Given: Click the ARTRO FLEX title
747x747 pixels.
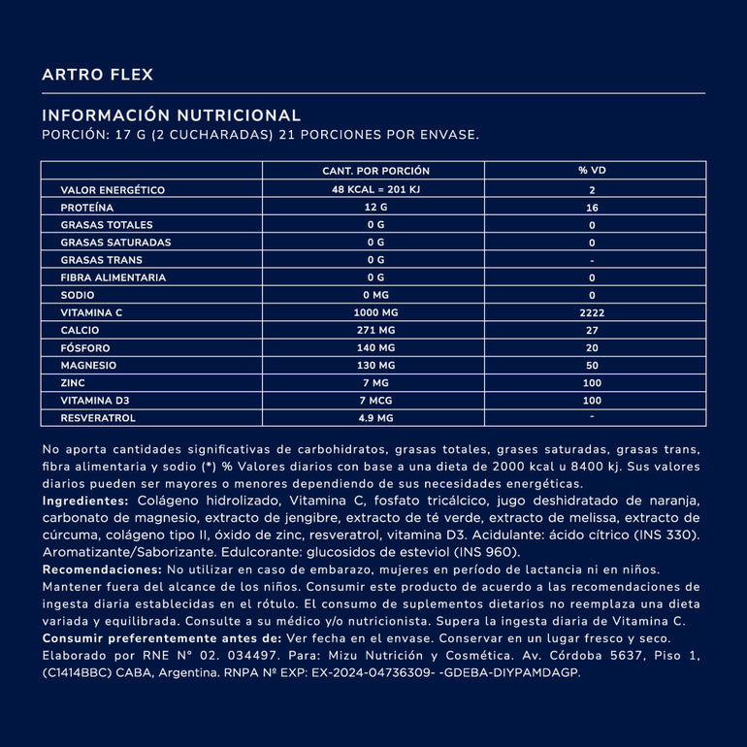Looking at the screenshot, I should click(x=97, y=75).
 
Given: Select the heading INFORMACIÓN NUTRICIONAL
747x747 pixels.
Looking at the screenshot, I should click(x=172, y=114).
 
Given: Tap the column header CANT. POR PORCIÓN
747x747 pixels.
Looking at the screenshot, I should click(x=375, y=171).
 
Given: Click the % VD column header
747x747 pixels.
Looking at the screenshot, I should click(x=592, y=171).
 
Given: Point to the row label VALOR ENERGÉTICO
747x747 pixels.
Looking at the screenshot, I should click(x=113, y=190).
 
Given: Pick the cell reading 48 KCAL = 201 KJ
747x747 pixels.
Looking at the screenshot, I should click(x=375, y=190).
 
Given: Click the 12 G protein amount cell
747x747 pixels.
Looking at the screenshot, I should click(x=375, y=208).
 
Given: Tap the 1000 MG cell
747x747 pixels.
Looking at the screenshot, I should click(x=375, y=312).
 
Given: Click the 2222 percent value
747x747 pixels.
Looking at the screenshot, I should click(x=592, y=312).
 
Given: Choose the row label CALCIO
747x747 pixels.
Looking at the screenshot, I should click(x=81, y=330).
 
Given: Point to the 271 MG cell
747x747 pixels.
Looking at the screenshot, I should click(x=375, y=330).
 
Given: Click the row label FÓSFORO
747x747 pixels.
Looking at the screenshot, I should click(x=85, y=347).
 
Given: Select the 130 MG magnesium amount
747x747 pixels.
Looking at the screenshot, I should click(x=375, y=365).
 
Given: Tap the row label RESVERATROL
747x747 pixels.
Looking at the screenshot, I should click(x=98, y=417).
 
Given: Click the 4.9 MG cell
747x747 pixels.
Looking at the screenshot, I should click(x=375, y=417).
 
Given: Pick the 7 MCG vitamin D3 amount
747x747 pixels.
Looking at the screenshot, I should click(x=375, y=400).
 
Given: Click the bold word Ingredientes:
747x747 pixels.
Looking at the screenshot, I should click(x=85, y=501).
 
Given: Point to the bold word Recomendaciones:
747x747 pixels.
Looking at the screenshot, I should click(x=102, y=569).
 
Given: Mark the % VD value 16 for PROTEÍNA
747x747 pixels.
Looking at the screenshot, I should click(x=592, y=208).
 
